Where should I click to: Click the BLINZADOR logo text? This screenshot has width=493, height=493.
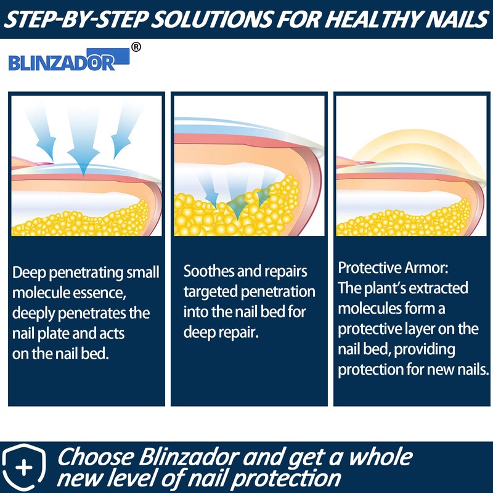pyautogui.click(x=62, y=62)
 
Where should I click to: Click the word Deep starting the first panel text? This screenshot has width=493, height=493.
pyautogui.click(x=28, y=272)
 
